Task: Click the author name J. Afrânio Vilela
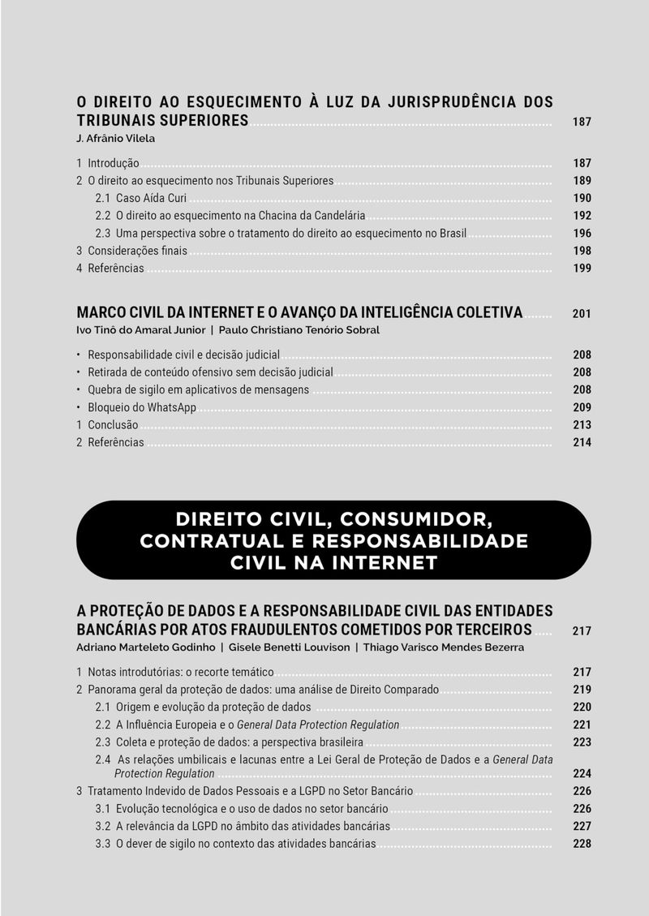115,139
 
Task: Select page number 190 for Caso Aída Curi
582,198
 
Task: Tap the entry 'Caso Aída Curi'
151,198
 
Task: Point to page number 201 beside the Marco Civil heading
582,313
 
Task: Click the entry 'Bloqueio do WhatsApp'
142,407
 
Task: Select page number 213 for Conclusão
582,425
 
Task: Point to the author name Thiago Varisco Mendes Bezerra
443,647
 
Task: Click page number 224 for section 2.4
582,774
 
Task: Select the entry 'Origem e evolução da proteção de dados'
213,707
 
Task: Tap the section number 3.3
103,844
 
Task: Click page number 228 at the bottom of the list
582,844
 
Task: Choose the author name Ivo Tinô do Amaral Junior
139,330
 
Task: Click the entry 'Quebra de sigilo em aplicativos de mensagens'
198,389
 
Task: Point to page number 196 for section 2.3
582,234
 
